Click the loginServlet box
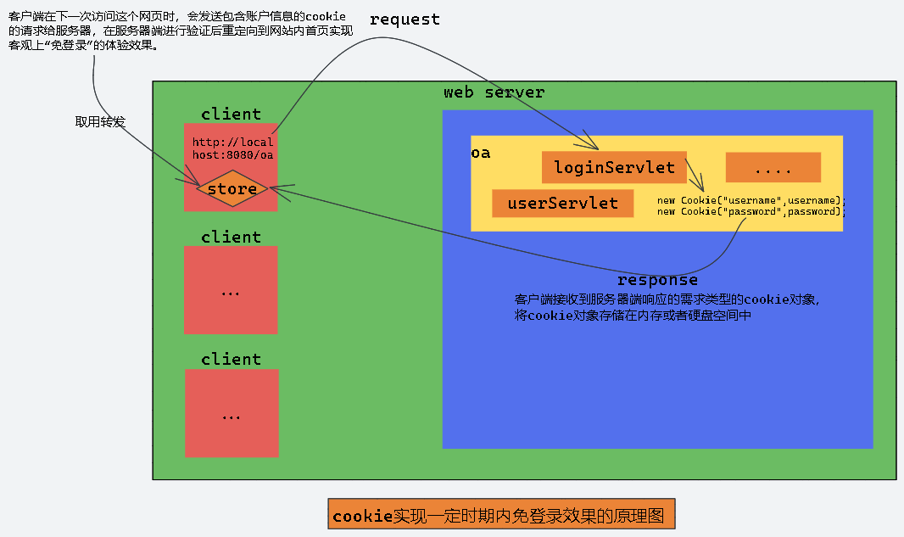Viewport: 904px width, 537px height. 614,167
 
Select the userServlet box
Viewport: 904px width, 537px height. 562,203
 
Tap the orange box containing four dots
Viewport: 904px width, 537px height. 773,168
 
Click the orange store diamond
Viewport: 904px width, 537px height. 232,189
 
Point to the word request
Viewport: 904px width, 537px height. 405,20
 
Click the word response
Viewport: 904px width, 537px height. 657,280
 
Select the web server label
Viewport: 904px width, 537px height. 494,92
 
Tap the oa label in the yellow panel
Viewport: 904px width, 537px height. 481,154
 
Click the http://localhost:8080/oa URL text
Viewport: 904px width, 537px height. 232,148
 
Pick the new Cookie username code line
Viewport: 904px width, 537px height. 751,200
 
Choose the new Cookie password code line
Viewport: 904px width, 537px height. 751,211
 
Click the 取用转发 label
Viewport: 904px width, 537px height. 100,122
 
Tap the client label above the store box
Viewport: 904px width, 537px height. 231,114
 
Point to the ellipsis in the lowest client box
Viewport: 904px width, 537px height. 231,417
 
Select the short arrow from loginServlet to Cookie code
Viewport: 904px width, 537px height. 695,176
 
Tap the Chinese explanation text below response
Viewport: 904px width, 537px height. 667,307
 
